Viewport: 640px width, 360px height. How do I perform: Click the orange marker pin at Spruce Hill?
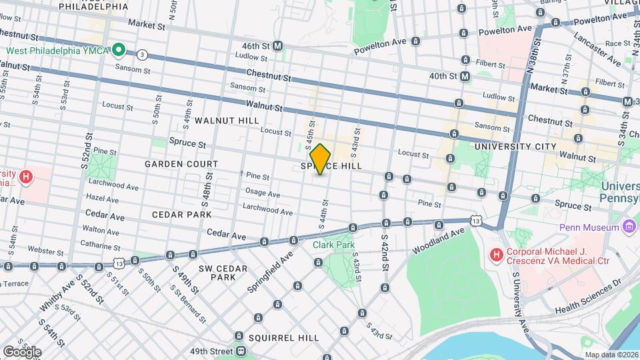tap(321, 159)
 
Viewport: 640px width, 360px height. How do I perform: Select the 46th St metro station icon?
tap(278, 46)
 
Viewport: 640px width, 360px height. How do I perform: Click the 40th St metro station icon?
tap(465, 77)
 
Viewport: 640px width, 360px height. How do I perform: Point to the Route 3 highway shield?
tap(142, 55)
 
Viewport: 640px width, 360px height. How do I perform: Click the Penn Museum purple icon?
tap(629, 227)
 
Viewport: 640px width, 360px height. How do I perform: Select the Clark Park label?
tap(334, 245)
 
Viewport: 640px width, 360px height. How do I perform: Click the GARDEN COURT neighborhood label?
tap(182, 164)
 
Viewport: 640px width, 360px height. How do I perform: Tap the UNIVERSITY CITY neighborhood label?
tap(515, 146)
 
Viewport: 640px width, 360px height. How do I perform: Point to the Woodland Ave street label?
tap(437, 241)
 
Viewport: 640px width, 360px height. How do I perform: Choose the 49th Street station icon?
tap(239, 351)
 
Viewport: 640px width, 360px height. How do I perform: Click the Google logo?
tap(22, 351)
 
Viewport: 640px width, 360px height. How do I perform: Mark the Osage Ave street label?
tap(263, 193)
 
